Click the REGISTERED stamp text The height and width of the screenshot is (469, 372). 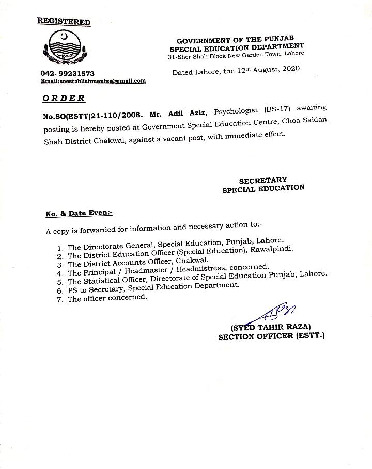coord(64,21)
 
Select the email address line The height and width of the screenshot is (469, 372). coord(93,81)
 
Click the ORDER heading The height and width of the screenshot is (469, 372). coord(64,98)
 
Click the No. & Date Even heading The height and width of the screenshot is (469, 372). coord(79,213)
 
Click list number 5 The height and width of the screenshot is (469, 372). coord(59,282)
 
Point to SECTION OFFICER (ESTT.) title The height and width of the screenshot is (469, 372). coord(271,336)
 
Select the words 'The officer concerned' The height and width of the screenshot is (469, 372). coord(107,299)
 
